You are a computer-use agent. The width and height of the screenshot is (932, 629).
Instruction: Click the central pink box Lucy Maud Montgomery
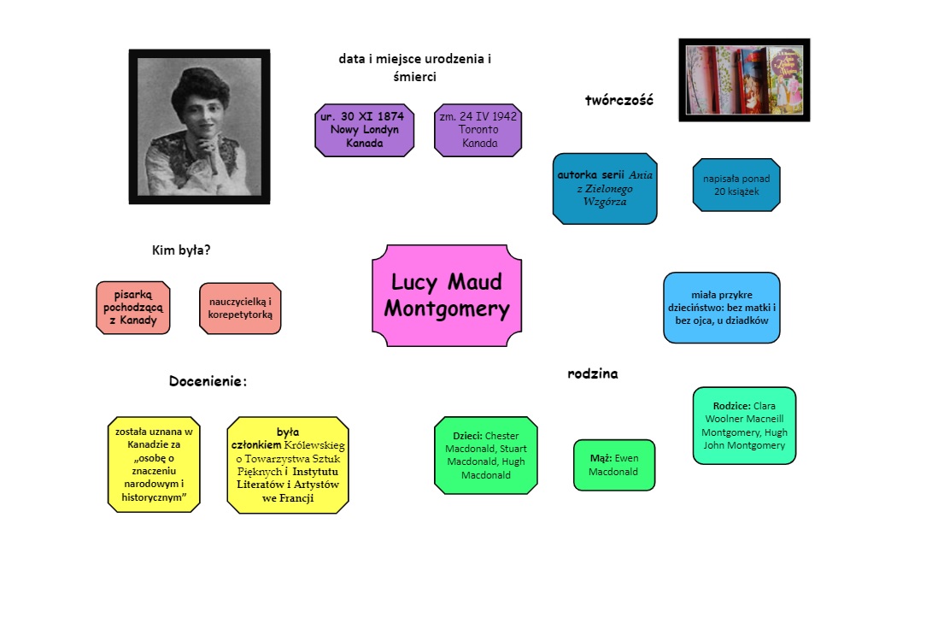(447, 296)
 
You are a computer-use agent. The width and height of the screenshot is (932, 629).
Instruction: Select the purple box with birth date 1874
(365, 131)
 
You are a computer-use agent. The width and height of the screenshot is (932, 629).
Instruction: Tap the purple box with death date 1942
(478, 131)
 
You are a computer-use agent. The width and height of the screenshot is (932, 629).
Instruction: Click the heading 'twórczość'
(619, 100)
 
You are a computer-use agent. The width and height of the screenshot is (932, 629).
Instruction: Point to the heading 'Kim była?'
(181, 250)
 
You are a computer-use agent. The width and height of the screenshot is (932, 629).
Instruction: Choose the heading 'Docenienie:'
(208, 381)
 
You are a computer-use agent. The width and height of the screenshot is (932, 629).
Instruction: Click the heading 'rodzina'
(593, 373)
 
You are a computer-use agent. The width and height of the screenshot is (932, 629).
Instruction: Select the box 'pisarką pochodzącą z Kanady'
(133, 307)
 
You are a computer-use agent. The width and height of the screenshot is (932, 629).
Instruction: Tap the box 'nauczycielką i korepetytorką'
(240, 308)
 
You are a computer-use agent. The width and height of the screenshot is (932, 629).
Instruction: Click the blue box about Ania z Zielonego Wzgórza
(605, 189)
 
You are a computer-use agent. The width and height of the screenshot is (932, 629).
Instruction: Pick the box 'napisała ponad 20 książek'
(736, 185)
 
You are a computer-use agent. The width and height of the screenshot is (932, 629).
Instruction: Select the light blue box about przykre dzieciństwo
(722, 308)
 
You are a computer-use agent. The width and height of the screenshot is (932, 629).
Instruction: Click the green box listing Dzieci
(486, 456)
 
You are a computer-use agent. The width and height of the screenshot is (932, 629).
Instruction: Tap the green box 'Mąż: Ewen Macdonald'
(614, 465)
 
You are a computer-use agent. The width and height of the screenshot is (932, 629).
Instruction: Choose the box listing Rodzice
(744, 426)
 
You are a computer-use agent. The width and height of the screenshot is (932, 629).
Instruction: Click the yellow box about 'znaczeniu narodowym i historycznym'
(155, 465)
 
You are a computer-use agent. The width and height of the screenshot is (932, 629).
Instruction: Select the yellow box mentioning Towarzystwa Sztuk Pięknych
(288, 465)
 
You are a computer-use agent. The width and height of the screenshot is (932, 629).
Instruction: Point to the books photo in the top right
(744, 79)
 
